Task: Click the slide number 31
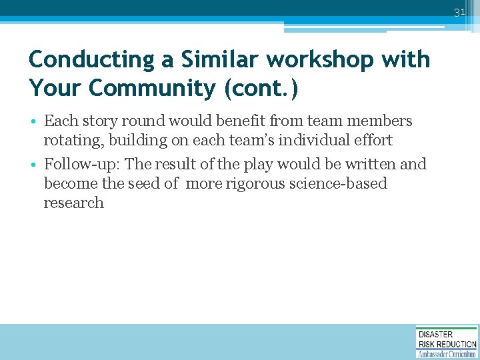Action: [x=459, y=13]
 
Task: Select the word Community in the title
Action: [x=158, y=89]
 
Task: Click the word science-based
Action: [x=339, y=184]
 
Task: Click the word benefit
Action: [x=220, y=121]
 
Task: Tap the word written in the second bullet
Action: [x=372, y=165]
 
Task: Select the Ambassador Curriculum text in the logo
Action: [x=447, y=353]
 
